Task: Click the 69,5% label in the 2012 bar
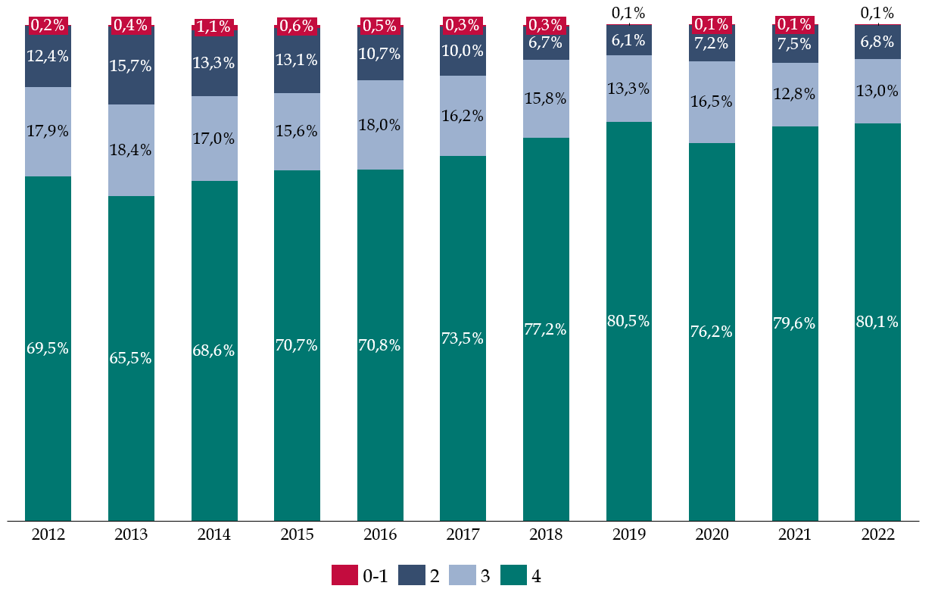[48, 349]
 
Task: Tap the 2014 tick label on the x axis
[214, 535]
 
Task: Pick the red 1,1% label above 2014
[214, 26]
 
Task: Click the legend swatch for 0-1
[344, 575]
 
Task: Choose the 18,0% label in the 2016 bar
[380, 125]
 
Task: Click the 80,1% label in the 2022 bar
[877, 322]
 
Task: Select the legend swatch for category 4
[513, 575]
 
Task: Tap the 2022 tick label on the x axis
[877, 535]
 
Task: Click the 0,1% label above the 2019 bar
[629, 13]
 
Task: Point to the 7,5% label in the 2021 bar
[795, 44]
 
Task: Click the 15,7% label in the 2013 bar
[131, 66]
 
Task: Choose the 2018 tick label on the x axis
[546, 535]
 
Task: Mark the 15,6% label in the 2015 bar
[297, 131]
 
